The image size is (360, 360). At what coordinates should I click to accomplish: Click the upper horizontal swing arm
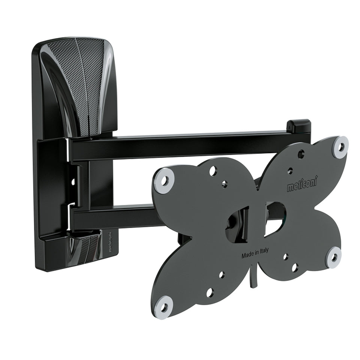(x=176, y=143)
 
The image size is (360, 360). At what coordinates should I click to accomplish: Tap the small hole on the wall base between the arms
(x=73, y=182)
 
